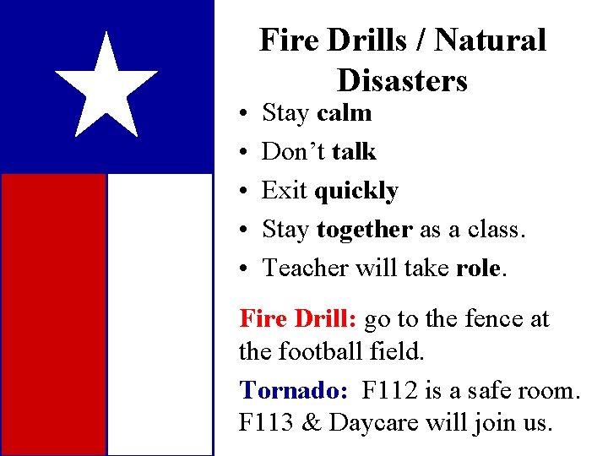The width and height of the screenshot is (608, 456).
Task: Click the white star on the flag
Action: click(x=106, y=86)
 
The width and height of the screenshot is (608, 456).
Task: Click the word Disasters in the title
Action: click(x=402, y=80)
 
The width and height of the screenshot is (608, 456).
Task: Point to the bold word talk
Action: click(x=354, y=151)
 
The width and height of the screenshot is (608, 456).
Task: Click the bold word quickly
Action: click(x=356, y=191)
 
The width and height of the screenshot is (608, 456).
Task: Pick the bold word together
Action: click(x=365, y=229)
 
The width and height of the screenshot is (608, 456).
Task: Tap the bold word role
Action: click(x=479, y=268)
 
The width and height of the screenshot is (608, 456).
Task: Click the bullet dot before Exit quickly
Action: click(x=242, y=191)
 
